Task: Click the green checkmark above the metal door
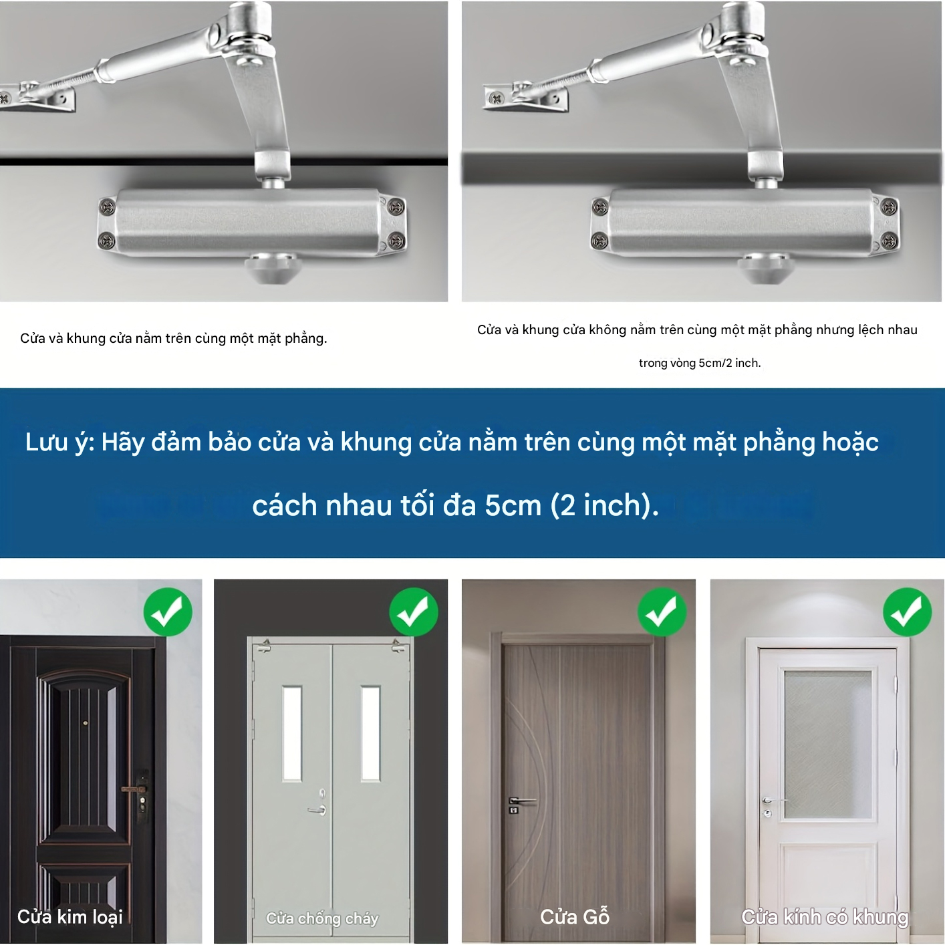tap(168, 612)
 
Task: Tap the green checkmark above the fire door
tap(414, 612)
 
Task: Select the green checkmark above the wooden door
tap(662, 612)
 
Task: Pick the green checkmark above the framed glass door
tap(907, 612)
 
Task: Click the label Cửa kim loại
tap(70, 916)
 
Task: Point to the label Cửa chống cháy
tap(322, 918)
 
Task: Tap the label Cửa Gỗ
tap(575, 916)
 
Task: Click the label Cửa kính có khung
tap(824, 916)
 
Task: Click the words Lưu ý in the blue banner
tap(59, 443)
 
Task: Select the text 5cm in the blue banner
tap(513, 505)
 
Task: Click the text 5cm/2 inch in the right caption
tap(729, 363)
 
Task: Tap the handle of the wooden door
tap(521, 801)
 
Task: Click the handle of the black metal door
tap(137, 789)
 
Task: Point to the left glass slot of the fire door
tap(292, 734)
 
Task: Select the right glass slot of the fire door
tap(370, 734)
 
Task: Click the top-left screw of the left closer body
tap(107, 207)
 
